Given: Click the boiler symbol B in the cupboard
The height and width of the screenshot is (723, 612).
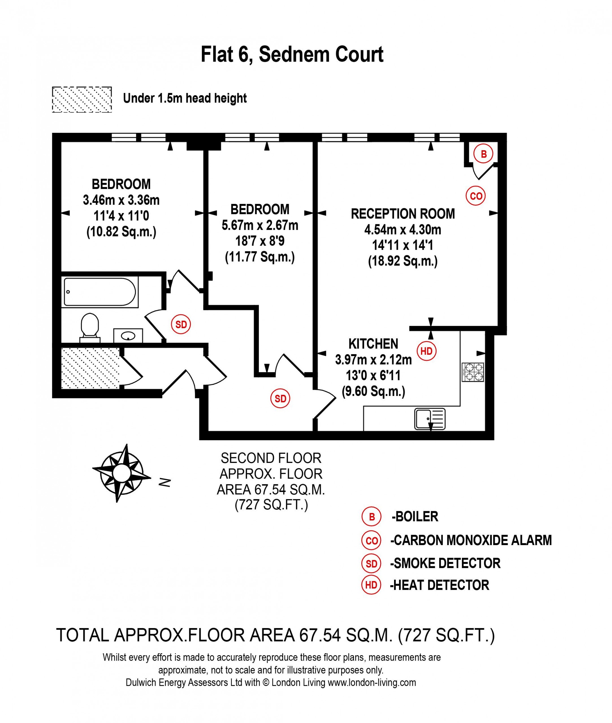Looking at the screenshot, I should [484, 154].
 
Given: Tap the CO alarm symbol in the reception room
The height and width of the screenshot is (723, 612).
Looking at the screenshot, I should [476, 196].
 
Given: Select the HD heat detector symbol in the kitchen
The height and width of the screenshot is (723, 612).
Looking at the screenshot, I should [426, 351].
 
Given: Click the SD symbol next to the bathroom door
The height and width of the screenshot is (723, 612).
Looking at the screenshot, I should [181, 325].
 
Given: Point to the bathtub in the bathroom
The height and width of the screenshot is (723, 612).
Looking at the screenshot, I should [100, 292].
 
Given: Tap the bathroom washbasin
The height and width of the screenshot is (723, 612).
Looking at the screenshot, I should [128, 335].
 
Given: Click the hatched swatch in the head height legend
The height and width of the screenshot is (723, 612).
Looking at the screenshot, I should [82, 99].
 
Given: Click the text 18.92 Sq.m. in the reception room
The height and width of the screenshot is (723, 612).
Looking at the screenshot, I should [403, 261].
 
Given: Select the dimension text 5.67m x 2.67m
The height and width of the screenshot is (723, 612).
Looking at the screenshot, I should [260, 225].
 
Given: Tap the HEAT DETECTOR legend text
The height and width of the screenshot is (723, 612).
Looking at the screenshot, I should [440, 585].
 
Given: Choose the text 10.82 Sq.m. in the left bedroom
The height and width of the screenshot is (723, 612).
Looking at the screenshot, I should [121, 232].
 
